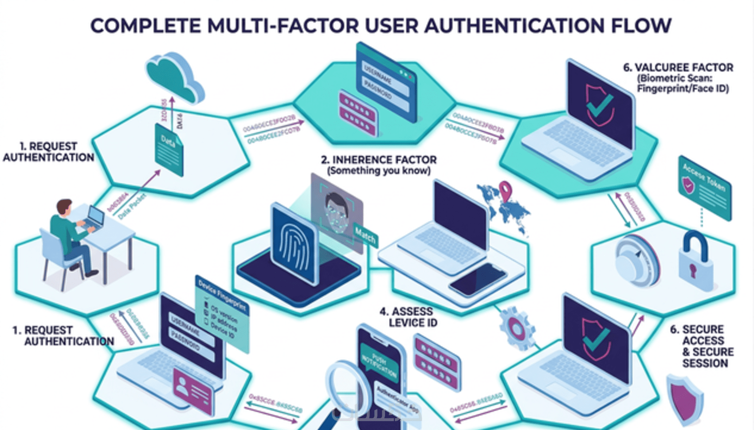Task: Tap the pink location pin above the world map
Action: click(x=505, y=190)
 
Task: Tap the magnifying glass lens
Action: click(x=348, y=386)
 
